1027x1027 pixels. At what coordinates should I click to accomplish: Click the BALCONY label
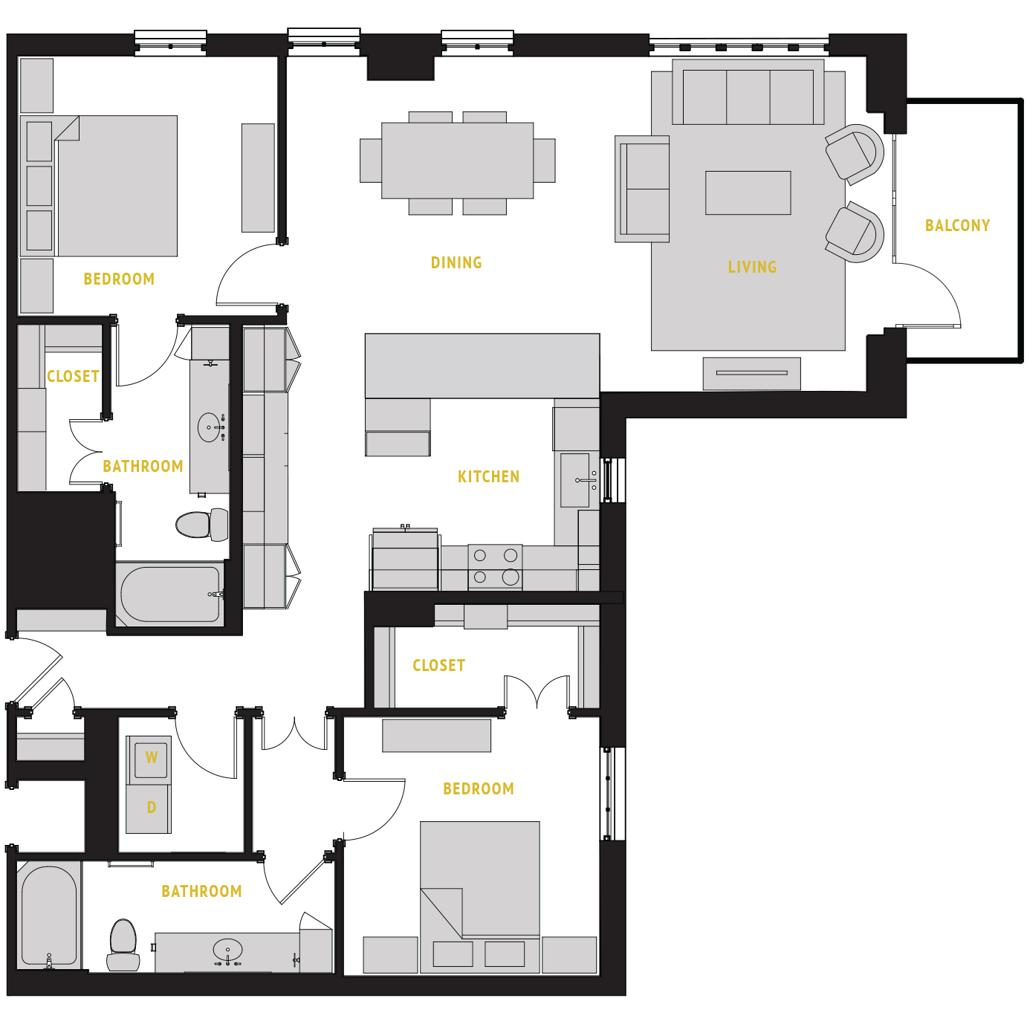957,225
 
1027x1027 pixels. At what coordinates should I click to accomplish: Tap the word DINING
456,262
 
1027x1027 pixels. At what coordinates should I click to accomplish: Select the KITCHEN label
488,476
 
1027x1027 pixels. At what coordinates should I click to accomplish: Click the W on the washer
152,758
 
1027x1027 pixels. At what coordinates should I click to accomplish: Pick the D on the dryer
152,808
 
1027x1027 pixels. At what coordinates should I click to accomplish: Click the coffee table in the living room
748,192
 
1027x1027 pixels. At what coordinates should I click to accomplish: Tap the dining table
457,161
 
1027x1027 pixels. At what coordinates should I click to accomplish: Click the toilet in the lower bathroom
123,944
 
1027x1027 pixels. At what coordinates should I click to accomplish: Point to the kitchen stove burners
495,566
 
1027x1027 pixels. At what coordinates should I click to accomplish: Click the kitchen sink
575,480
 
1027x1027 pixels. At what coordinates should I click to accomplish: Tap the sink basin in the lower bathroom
227,950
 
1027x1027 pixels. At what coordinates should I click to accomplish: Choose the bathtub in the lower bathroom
49,915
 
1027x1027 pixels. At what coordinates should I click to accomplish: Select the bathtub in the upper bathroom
171,595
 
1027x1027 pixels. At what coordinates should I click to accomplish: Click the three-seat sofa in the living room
748,96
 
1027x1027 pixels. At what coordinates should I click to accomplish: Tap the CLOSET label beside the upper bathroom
73,376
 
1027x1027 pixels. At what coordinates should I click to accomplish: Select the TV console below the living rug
751,373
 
